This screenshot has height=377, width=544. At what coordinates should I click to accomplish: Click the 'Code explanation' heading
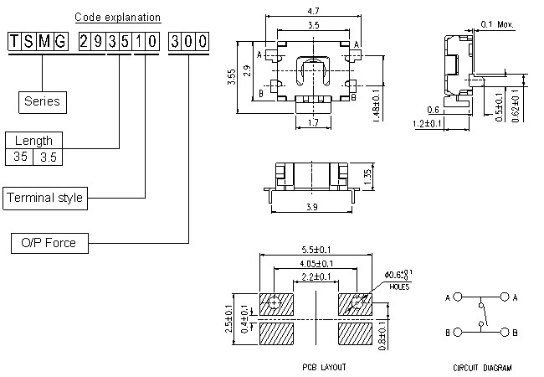click(118, 17)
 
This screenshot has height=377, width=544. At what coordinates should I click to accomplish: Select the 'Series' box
click(42, 101)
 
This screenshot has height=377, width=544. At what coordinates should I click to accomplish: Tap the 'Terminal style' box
click(45, 198)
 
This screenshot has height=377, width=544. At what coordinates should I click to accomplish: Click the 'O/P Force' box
click(49, 243)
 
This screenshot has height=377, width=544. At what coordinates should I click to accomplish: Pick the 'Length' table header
click(33, 141)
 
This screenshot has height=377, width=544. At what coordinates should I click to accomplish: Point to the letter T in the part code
click(14, 41)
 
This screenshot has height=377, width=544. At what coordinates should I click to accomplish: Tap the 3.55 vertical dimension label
click(231, 77)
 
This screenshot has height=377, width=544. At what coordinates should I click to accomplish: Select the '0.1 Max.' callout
click(498, 23)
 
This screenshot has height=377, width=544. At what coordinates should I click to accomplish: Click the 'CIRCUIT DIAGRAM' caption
click(483, 367)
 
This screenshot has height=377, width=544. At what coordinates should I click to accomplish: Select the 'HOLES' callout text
click(399, 287)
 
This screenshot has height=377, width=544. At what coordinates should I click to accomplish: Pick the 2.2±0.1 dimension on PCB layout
click(315, 277)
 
